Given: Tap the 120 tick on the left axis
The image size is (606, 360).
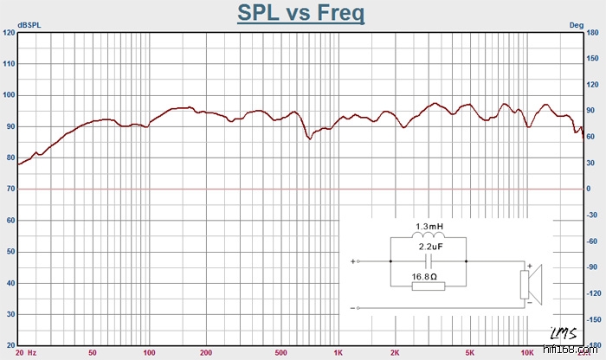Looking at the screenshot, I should [9, 33].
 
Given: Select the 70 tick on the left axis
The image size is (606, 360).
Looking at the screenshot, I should [10, 189].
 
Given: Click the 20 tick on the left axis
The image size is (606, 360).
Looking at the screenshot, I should [10, 344].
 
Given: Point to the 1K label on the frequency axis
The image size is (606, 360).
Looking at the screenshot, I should [338, 353].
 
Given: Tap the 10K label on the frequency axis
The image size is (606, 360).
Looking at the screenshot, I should [527, 353].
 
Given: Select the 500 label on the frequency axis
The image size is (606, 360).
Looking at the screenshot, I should [281, 353].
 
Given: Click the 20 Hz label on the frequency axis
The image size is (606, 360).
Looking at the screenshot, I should [25, 353].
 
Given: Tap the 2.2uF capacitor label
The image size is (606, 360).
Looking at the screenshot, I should [430, 247].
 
